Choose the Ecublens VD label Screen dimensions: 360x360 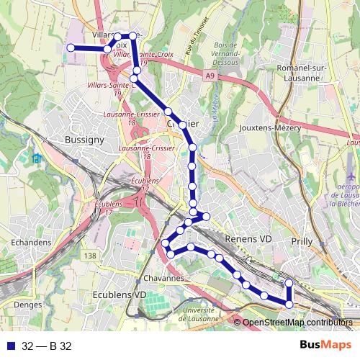click(x=120, y=294)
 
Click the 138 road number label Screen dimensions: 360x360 click(x=89, y=256)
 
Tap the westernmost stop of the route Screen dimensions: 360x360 click(x=71, y=48)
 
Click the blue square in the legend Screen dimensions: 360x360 click(x=10, y=346)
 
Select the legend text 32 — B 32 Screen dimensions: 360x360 click(x=47, y=346)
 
